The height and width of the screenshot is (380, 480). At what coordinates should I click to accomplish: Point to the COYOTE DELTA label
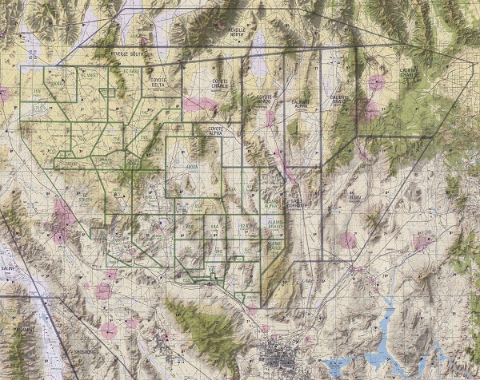point(157,87)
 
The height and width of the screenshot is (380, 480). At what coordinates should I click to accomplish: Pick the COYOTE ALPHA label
point(216,128)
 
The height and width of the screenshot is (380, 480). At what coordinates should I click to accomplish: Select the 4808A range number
point(192,166)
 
